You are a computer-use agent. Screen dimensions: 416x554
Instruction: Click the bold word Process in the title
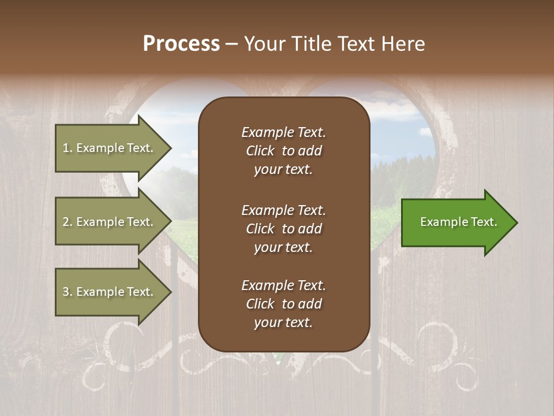coord(181,44)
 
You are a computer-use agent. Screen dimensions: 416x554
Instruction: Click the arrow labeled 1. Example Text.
coord(110,148)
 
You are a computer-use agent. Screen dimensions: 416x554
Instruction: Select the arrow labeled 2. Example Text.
coord(110,222)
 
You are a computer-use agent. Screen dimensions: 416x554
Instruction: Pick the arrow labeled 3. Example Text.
coord(110,292)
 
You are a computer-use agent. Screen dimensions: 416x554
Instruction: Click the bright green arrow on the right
coord(456,222)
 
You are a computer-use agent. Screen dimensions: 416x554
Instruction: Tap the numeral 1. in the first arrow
coord(67,148)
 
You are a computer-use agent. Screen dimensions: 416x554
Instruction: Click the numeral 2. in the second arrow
coord(67,222)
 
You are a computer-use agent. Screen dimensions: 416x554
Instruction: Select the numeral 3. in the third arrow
coord(67,292)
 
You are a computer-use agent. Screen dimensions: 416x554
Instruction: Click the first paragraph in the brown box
coord(283,151)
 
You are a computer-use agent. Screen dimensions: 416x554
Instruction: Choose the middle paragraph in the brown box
coord(283,229)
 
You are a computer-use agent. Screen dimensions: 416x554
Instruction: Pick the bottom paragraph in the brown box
coord(283,304)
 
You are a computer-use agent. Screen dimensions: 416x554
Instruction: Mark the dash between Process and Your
coord(231,44)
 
